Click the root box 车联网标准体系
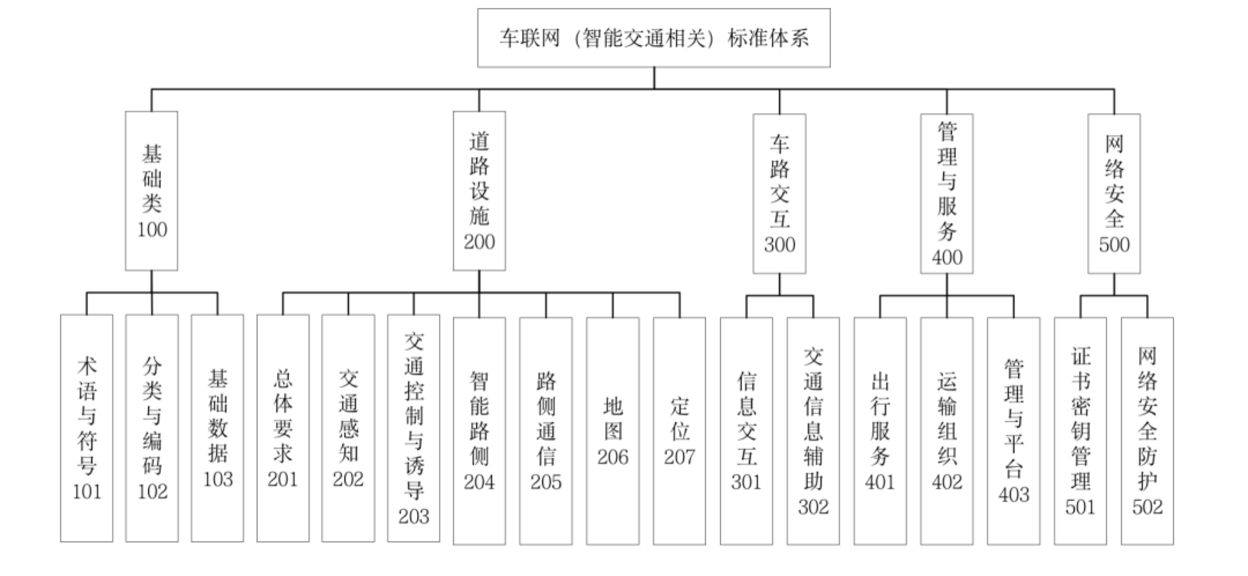coord(653,38)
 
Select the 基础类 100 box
coord(151,191)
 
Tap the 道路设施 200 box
coord(479,191)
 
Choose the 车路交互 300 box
coord(779,193)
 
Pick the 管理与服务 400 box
coord(946,193)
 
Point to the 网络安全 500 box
coord(1114,193)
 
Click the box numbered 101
coord(87,428)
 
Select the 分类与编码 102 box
coord(152,428)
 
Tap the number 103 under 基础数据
coord(218,479)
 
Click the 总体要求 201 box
coord(283,428)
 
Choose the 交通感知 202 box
coord(348,428)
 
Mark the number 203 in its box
coord(414,516)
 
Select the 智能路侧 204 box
coord(479,431)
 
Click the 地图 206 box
coord(612,431)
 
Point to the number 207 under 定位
coord(679,457)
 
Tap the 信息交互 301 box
coord(746,431)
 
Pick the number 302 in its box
coord(813,507)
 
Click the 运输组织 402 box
coord(946,431)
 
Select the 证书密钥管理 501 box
coord(1080,431)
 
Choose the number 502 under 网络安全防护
coord(1147,507)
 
